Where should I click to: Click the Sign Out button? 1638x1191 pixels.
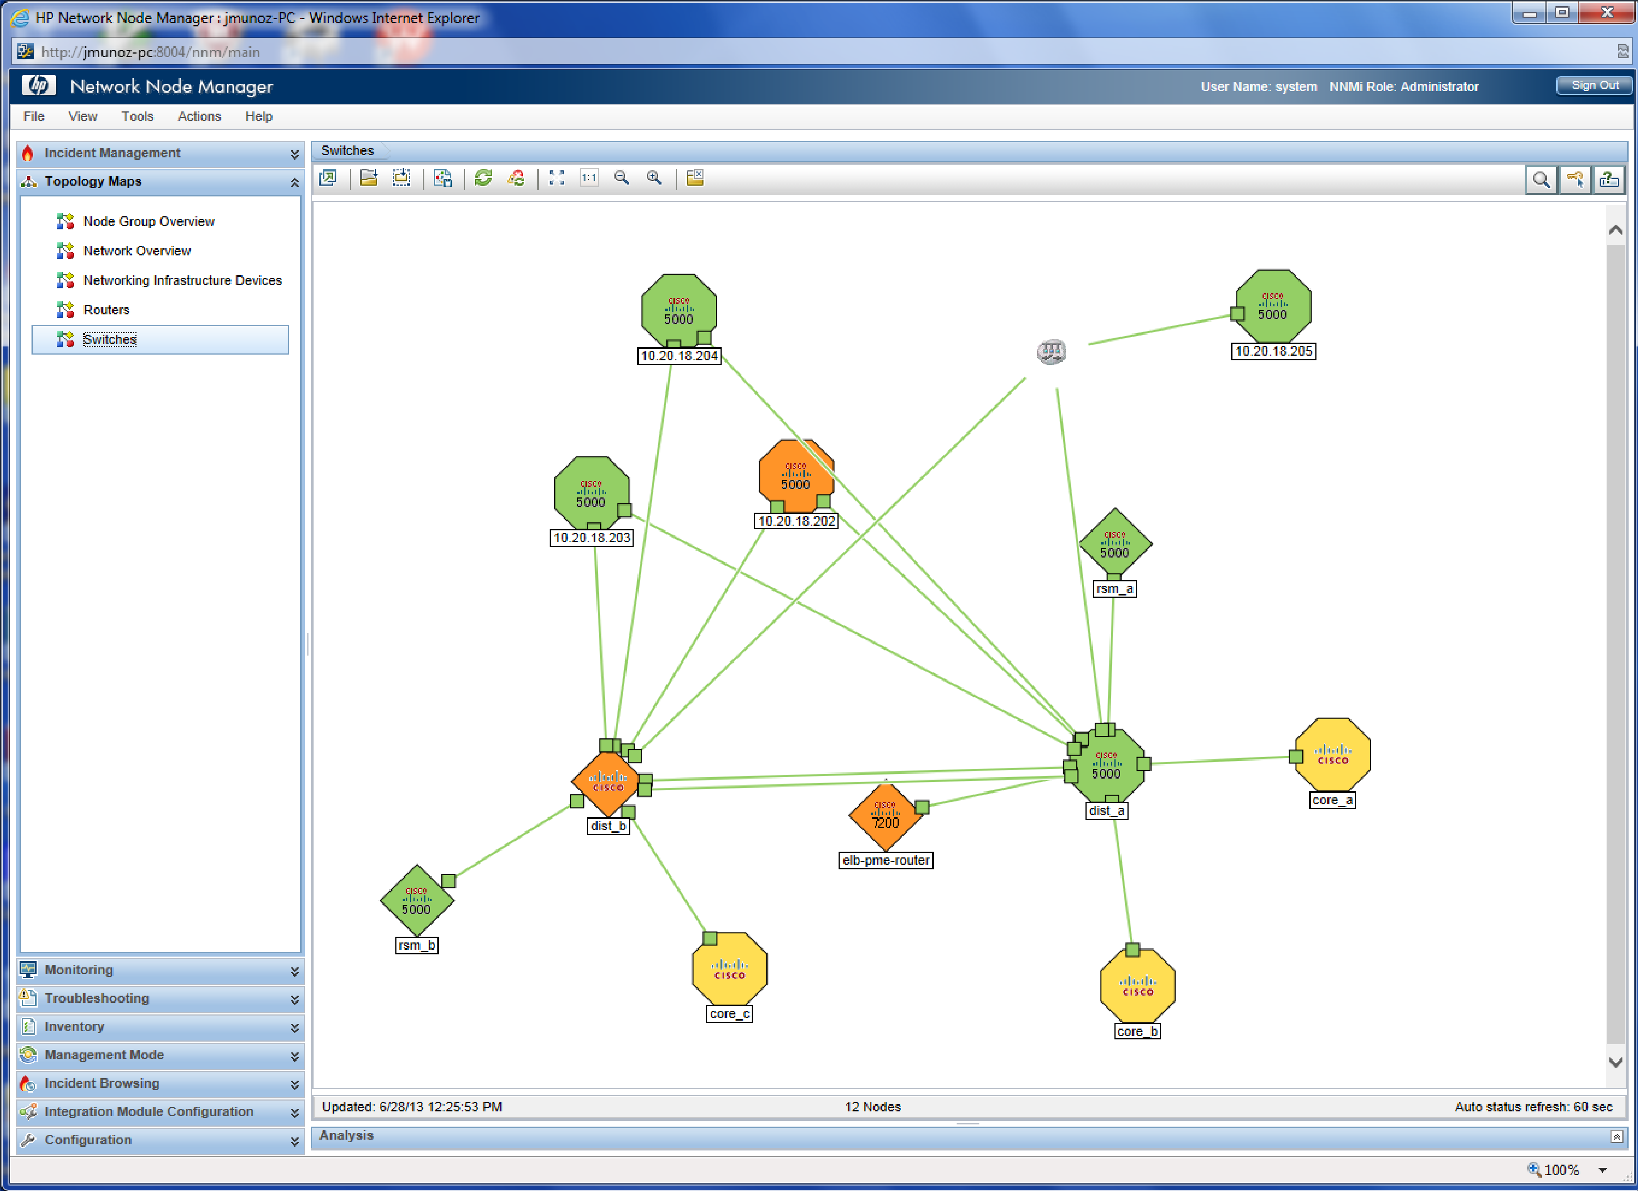1594,85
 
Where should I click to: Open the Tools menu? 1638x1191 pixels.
137,116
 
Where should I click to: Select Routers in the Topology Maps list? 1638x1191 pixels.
106,310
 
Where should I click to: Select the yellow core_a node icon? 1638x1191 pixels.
1332,754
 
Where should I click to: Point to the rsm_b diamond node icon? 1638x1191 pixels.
417,900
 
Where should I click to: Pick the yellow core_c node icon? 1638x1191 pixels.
730,969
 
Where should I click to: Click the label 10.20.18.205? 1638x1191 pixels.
1273,352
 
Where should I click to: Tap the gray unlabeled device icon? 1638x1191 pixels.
1051,352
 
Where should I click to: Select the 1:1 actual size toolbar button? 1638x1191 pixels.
589,178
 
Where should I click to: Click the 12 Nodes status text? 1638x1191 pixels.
873,1107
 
